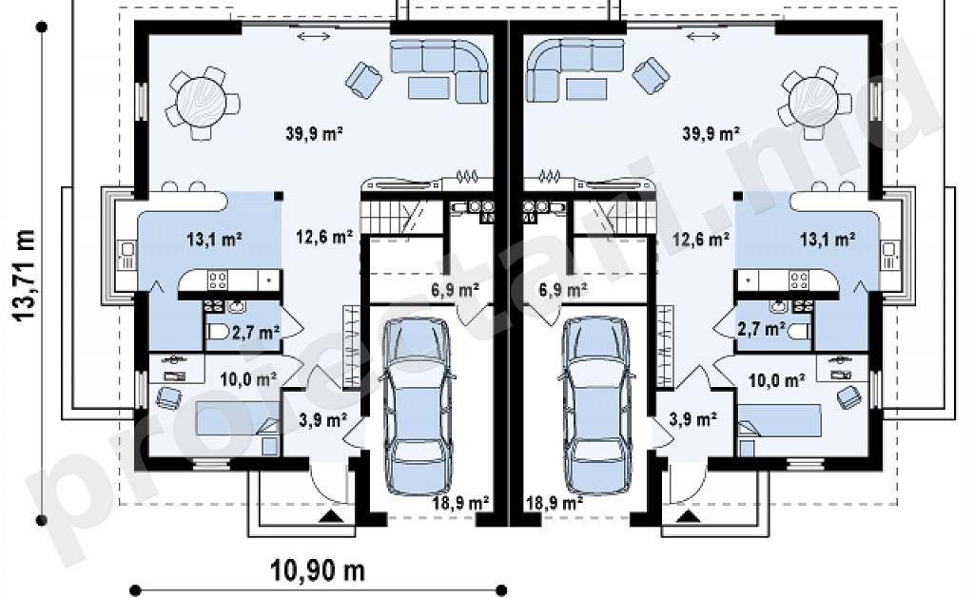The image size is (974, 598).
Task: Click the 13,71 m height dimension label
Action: (24, 276)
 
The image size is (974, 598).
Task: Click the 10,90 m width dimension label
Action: (318, 570)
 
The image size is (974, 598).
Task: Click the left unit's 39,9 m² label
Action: (315, 133)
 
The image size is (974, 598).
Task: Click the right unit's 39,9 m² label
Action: (711, 133)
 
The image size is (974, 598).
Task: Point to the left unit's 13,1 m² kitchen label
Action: (214, 239)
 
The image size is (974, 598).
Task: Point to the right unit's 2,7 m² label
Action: (760, 329)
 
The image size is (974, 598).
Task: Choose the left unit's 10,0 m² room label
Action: (248, 378)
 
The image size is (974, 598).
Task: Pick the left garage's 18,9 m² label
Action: (461, 502)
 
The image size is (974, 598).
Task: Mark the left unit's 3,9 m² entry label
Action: (323, 420)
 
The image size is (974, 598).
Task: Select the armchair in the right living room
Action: (651, 75)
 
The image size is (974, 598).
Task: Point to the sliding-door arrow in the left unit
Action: (314, 37)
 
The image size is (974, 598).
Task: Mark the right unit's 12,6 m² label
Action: (700, 239)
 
